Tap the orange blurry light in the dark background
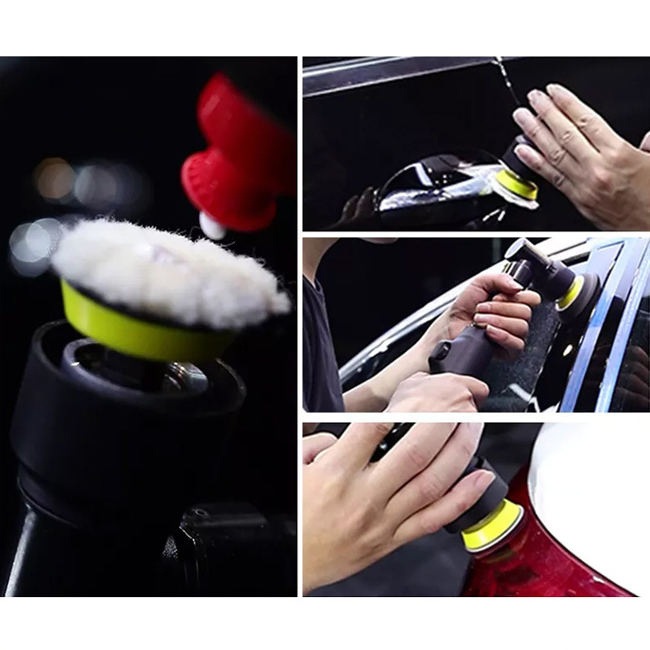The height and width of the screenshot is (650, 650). [x=54, y=178]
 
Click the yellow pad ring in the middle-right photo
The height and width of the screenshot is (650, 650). [x=570, y=293]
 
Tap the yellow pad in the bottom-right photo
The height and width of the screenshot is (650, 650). [x=492, y=527]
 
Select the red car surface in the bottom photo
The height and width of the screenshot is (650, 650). [x=537, y=563]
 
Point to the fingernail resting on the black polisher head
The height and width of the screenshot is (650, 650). [x=479, y=476]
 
